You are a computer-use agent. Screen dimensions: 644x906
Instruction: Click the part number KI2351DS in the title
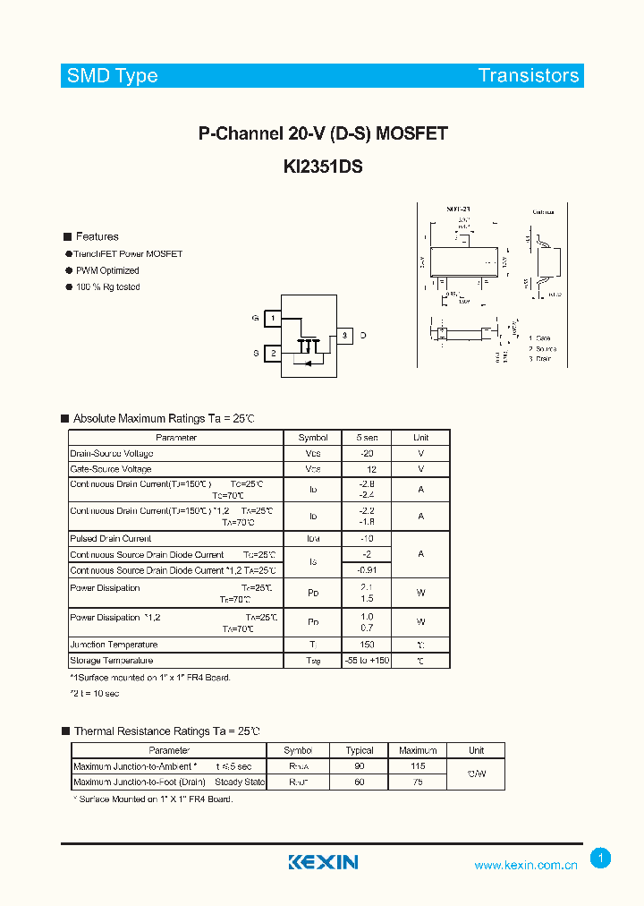322,167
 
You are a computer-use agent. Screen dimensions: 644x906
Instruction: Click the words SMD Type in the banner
113,76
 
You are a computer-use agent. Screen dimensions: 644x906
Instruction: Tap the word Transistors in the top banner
529,76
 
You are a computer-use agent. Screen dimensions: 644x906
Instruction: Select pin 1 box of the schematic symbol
274,319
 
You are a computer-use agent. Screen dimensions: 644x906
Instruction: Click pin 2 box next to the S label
274,354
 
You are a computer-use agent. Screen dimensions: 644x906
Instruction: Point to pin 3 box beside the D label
344,336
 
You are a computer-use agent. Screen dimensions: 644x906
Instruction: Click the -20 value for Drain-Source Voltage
367,453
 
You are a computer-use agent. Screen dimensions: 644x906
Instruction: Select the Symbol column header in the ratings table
313,438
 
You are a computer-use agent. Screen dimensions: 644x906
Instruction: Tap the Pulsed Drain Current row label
111,539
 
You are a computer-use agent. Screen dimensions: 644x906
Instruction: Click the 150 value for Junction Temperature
367,645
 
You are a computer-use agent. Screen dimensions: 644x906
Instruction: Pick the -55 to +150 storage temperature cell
367,661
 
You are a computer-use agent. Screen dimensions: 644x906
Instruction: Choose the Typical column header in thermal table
360,750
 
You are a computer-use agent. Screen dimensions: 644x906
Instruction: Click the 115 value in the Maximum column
418,766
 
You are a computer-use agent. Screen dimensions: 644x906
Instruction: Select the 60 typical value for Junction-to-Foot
360,782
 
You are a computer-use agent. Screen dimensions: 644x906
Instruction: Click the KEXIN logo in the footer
323,862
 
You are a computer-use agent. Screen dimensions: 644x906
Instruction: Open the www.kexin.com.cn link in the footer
526,865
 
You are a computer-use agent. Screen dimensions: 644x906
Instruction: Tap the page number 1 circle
601,859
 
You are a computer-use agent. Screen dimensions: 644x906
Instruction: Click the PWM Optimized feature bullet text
107,270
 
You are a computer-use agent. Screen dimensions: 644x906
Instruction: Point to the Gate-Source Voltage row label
111,469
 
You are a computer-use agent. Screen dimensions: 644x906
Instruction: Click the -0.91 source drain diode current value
367,570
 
